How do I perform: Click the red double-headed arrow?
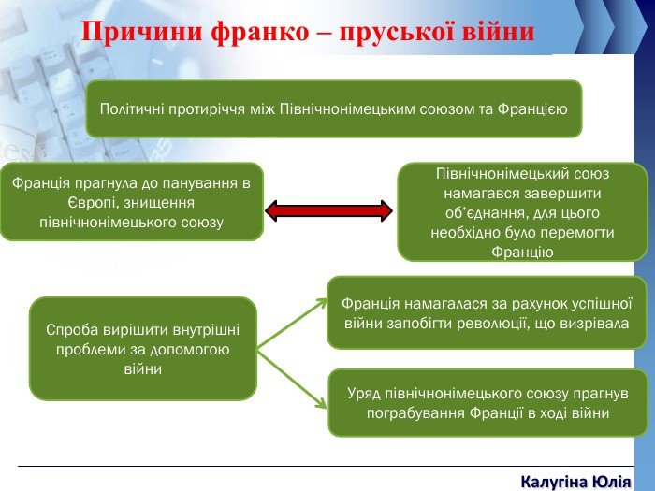pos(328,210)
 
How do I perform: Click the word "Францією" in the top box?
pos(532,109)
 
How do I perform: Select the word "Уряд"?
pos(364,394)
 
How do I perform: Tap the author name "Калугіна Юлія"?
pos(576,482)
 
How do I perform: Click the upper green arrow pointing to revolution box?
pos(292,325)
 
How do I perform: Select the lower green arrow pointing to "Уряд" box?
pos(292,379)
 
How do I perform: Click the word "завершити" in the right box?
pos(565,194)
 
